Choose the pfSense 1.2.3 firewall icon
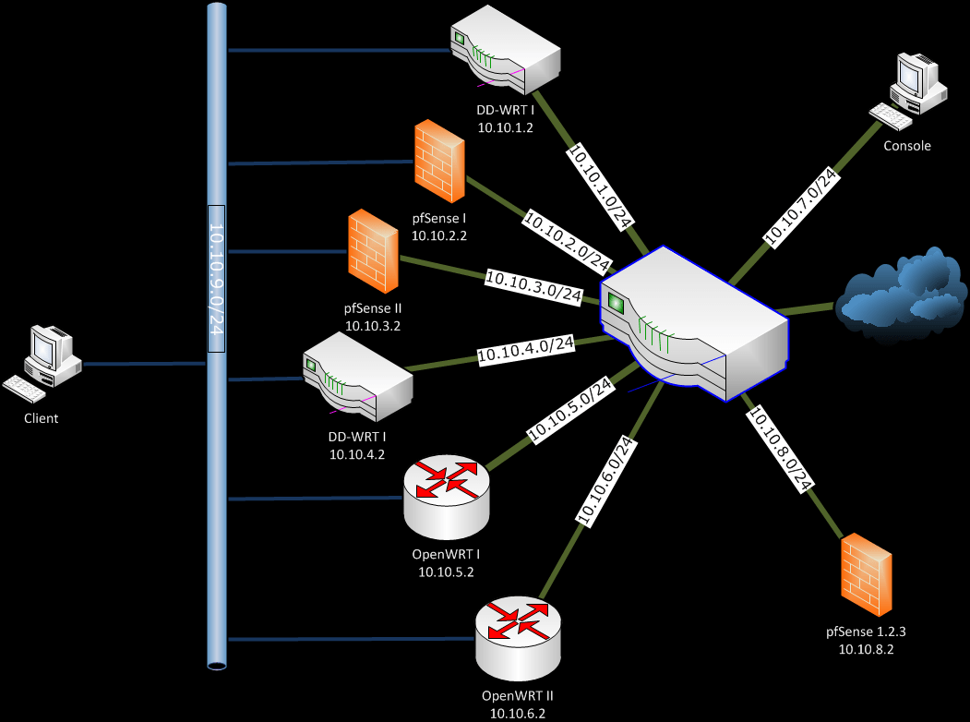[866, 575]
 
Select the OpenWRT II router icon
[518, 638]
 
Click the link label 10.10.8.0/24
[778, 447]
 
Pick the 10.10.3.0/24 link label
[533, 286]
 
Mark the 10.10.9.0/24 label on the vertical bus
[216, 279]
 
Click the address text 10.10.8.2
[866, 649]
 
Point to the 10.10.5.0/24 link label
[569, 408]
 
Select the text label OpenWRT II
[517, 695]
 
